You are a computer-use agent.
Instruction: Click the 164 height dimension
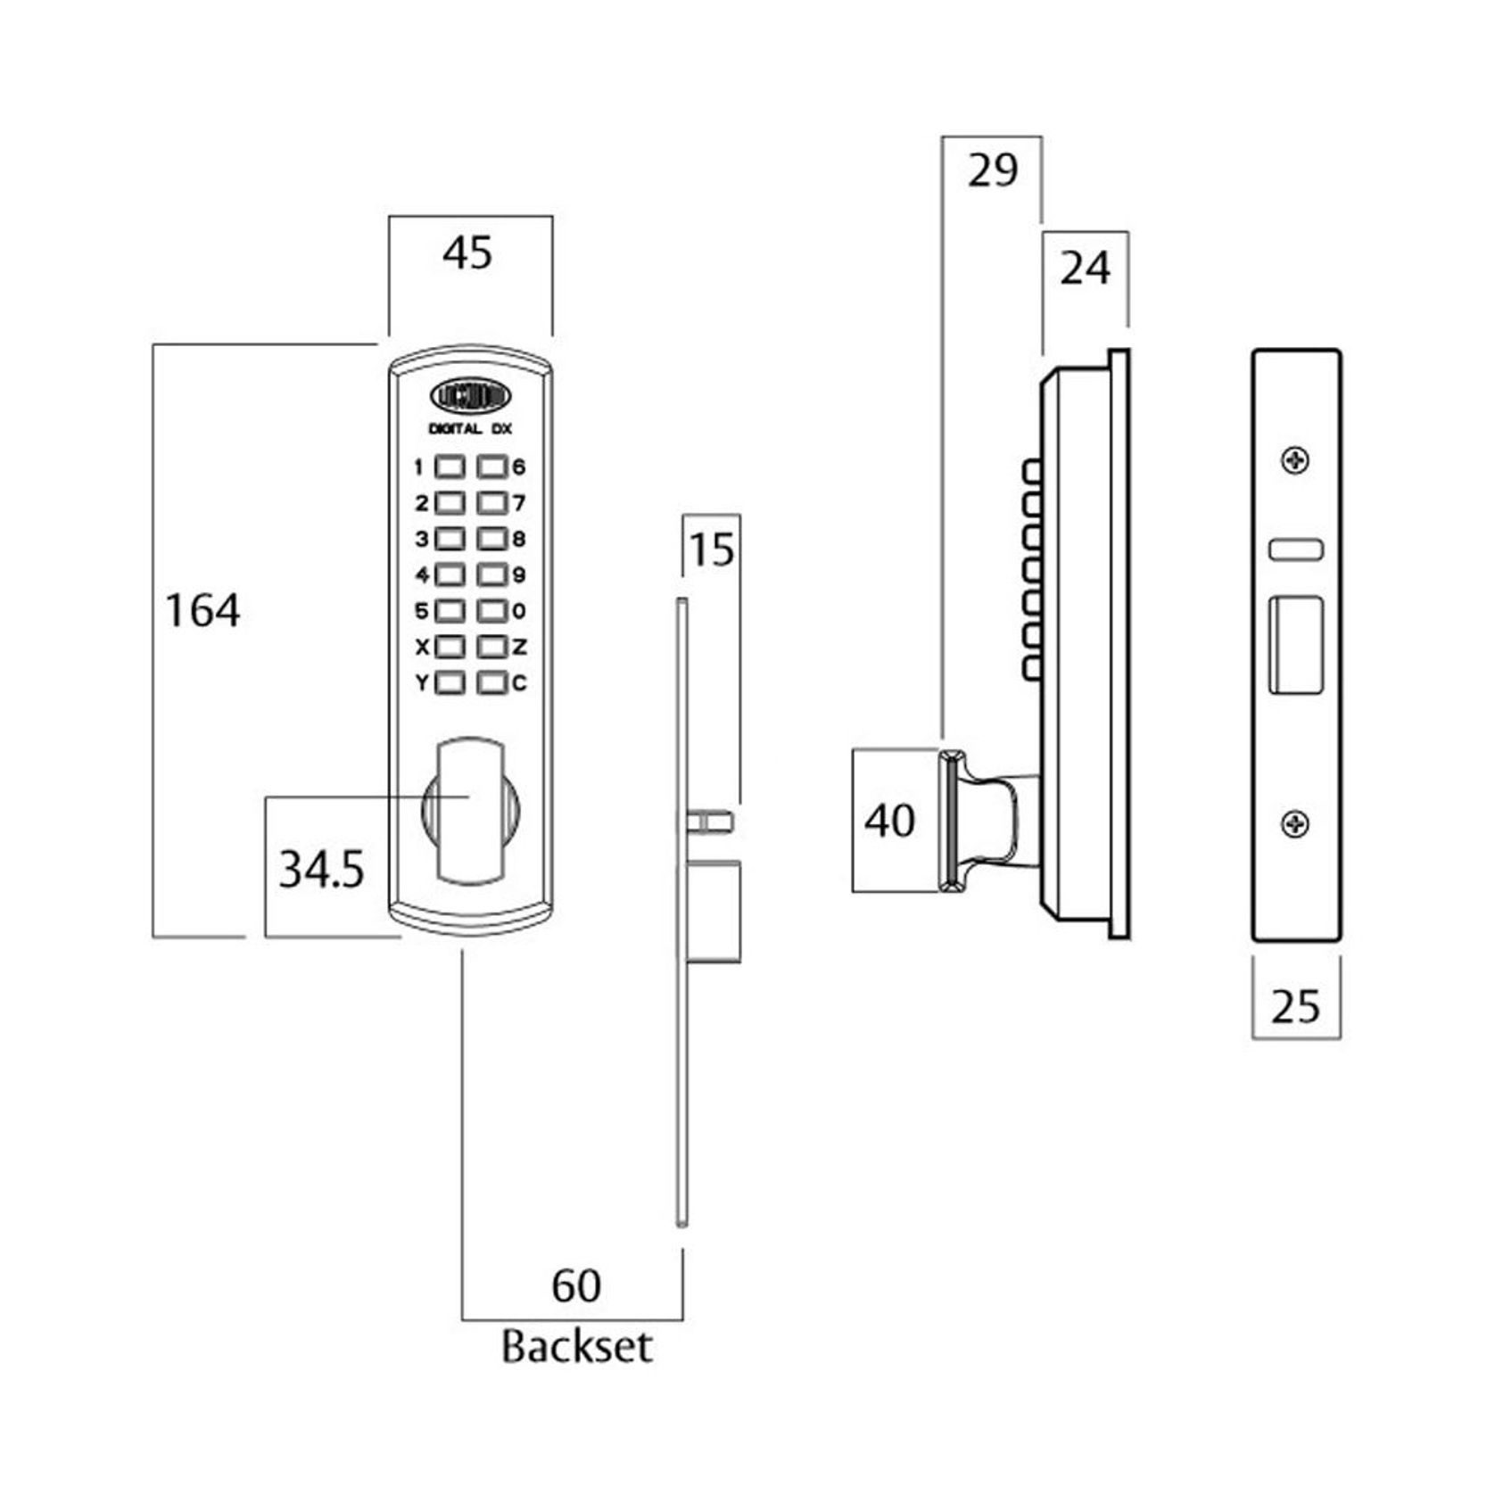[203, 612]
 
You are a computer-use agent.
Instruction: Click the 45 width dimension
[467, 253]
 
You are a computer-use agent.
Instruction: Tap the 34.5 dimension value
[321, 870]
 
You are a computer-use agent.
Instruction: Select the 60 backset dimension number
[576, 1285]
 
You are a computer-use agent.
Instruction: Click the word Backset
[576, 1346]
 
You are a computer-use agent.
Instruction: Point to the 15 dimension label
[712, 549]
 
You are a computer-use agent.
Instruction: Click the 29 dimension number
[992, 170]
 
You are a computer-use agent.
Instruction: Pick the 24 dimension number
[1085, 268]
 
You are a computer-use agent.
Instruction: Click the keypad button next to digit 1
[450, 467]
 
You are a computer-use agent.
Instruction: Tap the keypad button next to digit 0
[491, 611]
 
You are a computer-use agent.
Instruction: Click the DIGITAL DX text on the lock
[470, 429]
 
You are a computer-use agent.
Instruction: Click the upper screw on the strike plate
[1295, 461]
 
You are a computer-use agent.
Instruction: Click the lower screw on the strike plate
[1295, 824]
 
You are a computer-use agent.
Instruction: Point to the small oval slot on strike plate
[1295, 549]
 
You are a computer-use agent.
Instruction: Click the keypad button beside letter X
[450, 647]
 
